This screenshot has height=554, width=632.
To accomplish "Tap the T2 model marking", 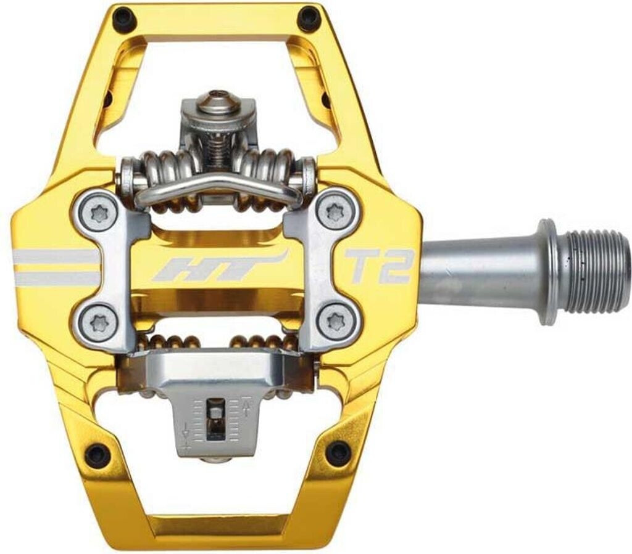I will [378, 266].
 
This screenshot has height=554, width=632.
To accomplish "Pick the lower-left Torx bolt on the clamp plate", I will [98, 320].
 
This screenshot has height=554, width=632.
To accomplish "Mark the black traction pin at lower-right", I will [338, 453].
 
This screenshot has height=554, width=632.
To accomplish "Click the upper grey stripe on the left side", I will [56, 256].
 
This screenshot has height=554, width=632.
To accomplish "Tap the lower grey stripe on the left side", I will [56, 279].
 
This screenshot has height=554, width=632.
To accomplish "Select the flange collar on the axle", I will [547, 271].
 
